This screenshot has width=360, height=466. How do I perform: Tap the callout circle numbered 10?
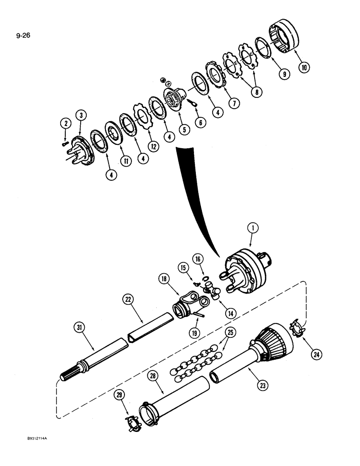pyautogui.click(x=304, y=68)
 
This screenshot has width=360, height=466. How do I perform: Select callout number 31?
pyautogui.click(x=80, y=328)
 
